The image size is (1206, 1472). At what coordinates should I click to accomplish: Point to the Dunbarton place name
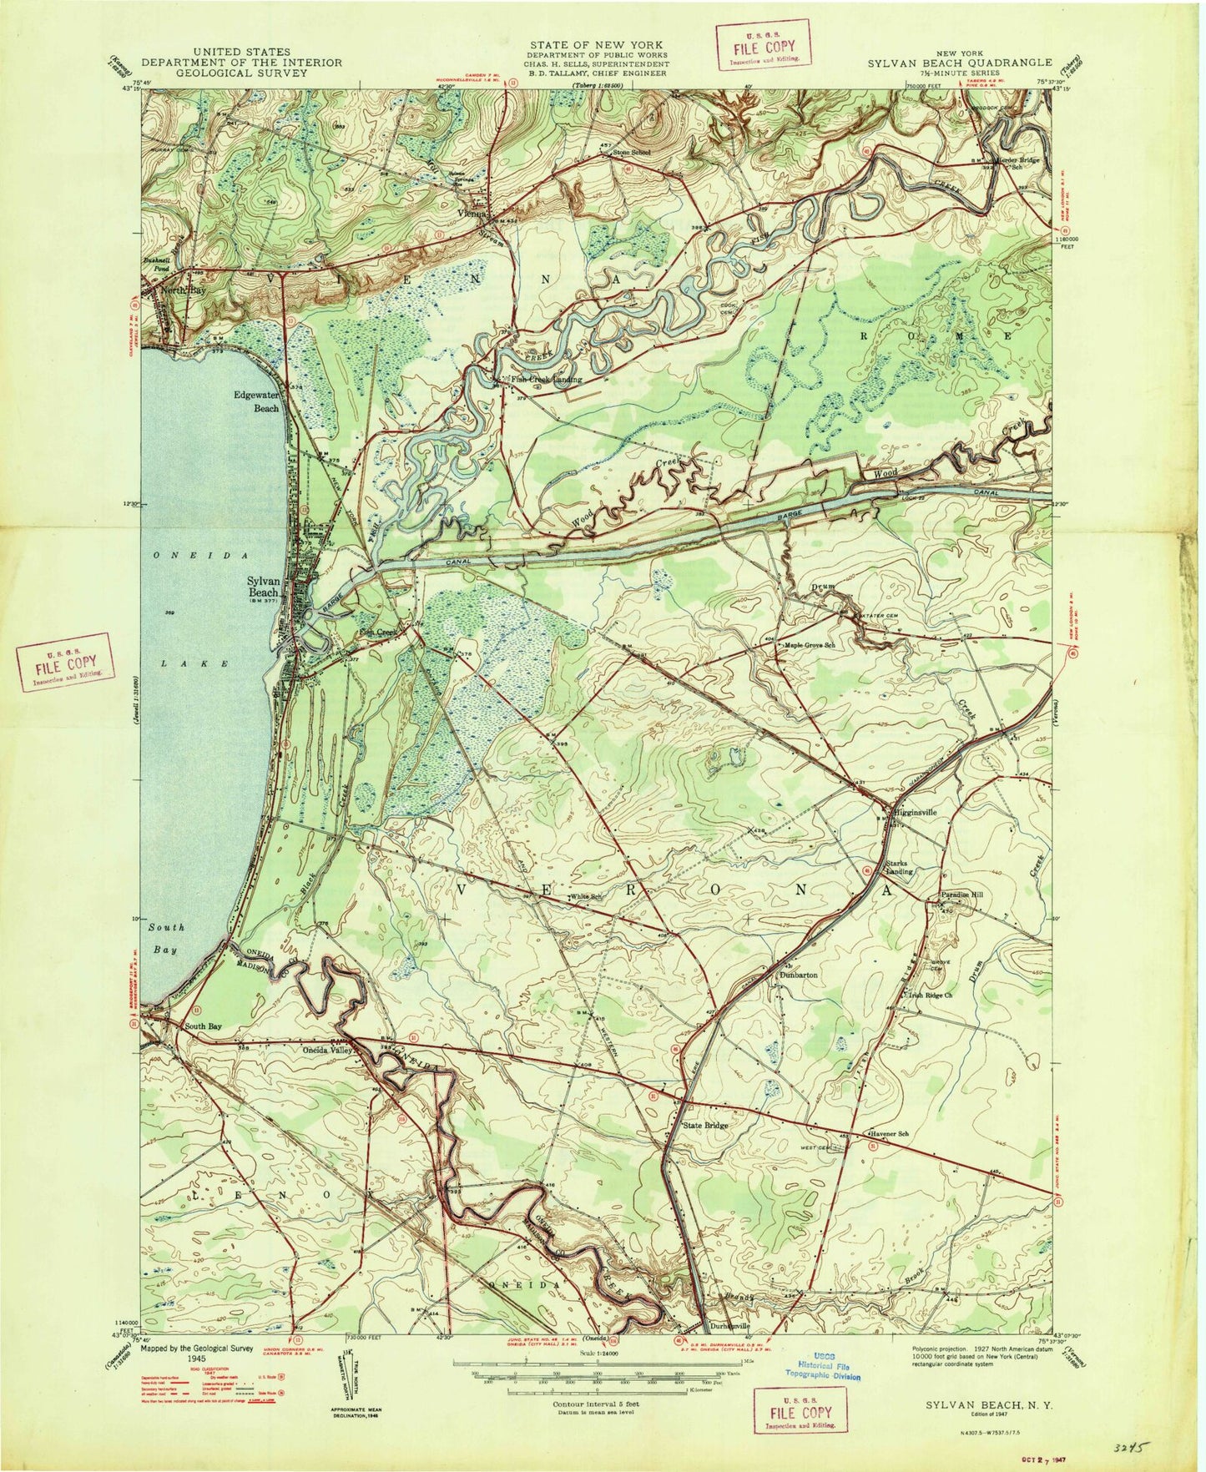(798, 974)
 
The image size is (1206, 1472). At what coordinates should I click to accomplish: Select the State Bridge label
(706, 1125)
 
